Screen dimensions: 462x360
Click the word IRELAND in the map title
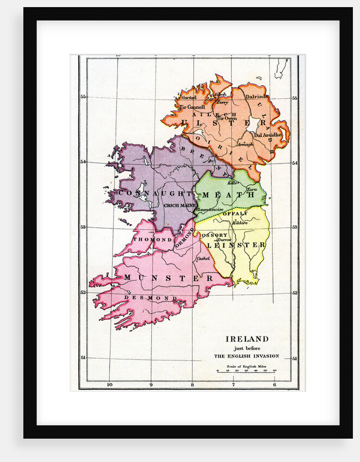click(247, 339)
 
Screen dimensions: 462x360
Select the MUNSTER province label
click(160, 278)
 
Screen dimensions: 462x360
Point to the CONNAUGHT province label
click(147, 193)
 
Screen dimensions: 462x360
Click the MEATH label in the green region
click(228, 194)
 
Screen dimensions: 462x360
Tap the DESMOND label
click(150, 298)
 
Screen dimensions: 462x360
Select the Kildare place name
click(240, 223)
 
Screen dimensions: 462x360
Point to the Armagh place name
click(245, 144)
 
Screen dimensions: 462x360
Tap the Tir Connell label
click(193, 107)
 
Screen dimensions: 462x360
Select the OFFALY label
click(235, 214)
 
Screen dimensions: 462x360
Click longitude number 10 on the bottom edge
click(109, 385)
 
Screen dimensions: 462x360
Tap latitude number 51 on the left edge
click(83, 358)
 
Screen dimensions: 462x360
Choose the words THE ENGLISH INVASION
click(246, 356)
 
